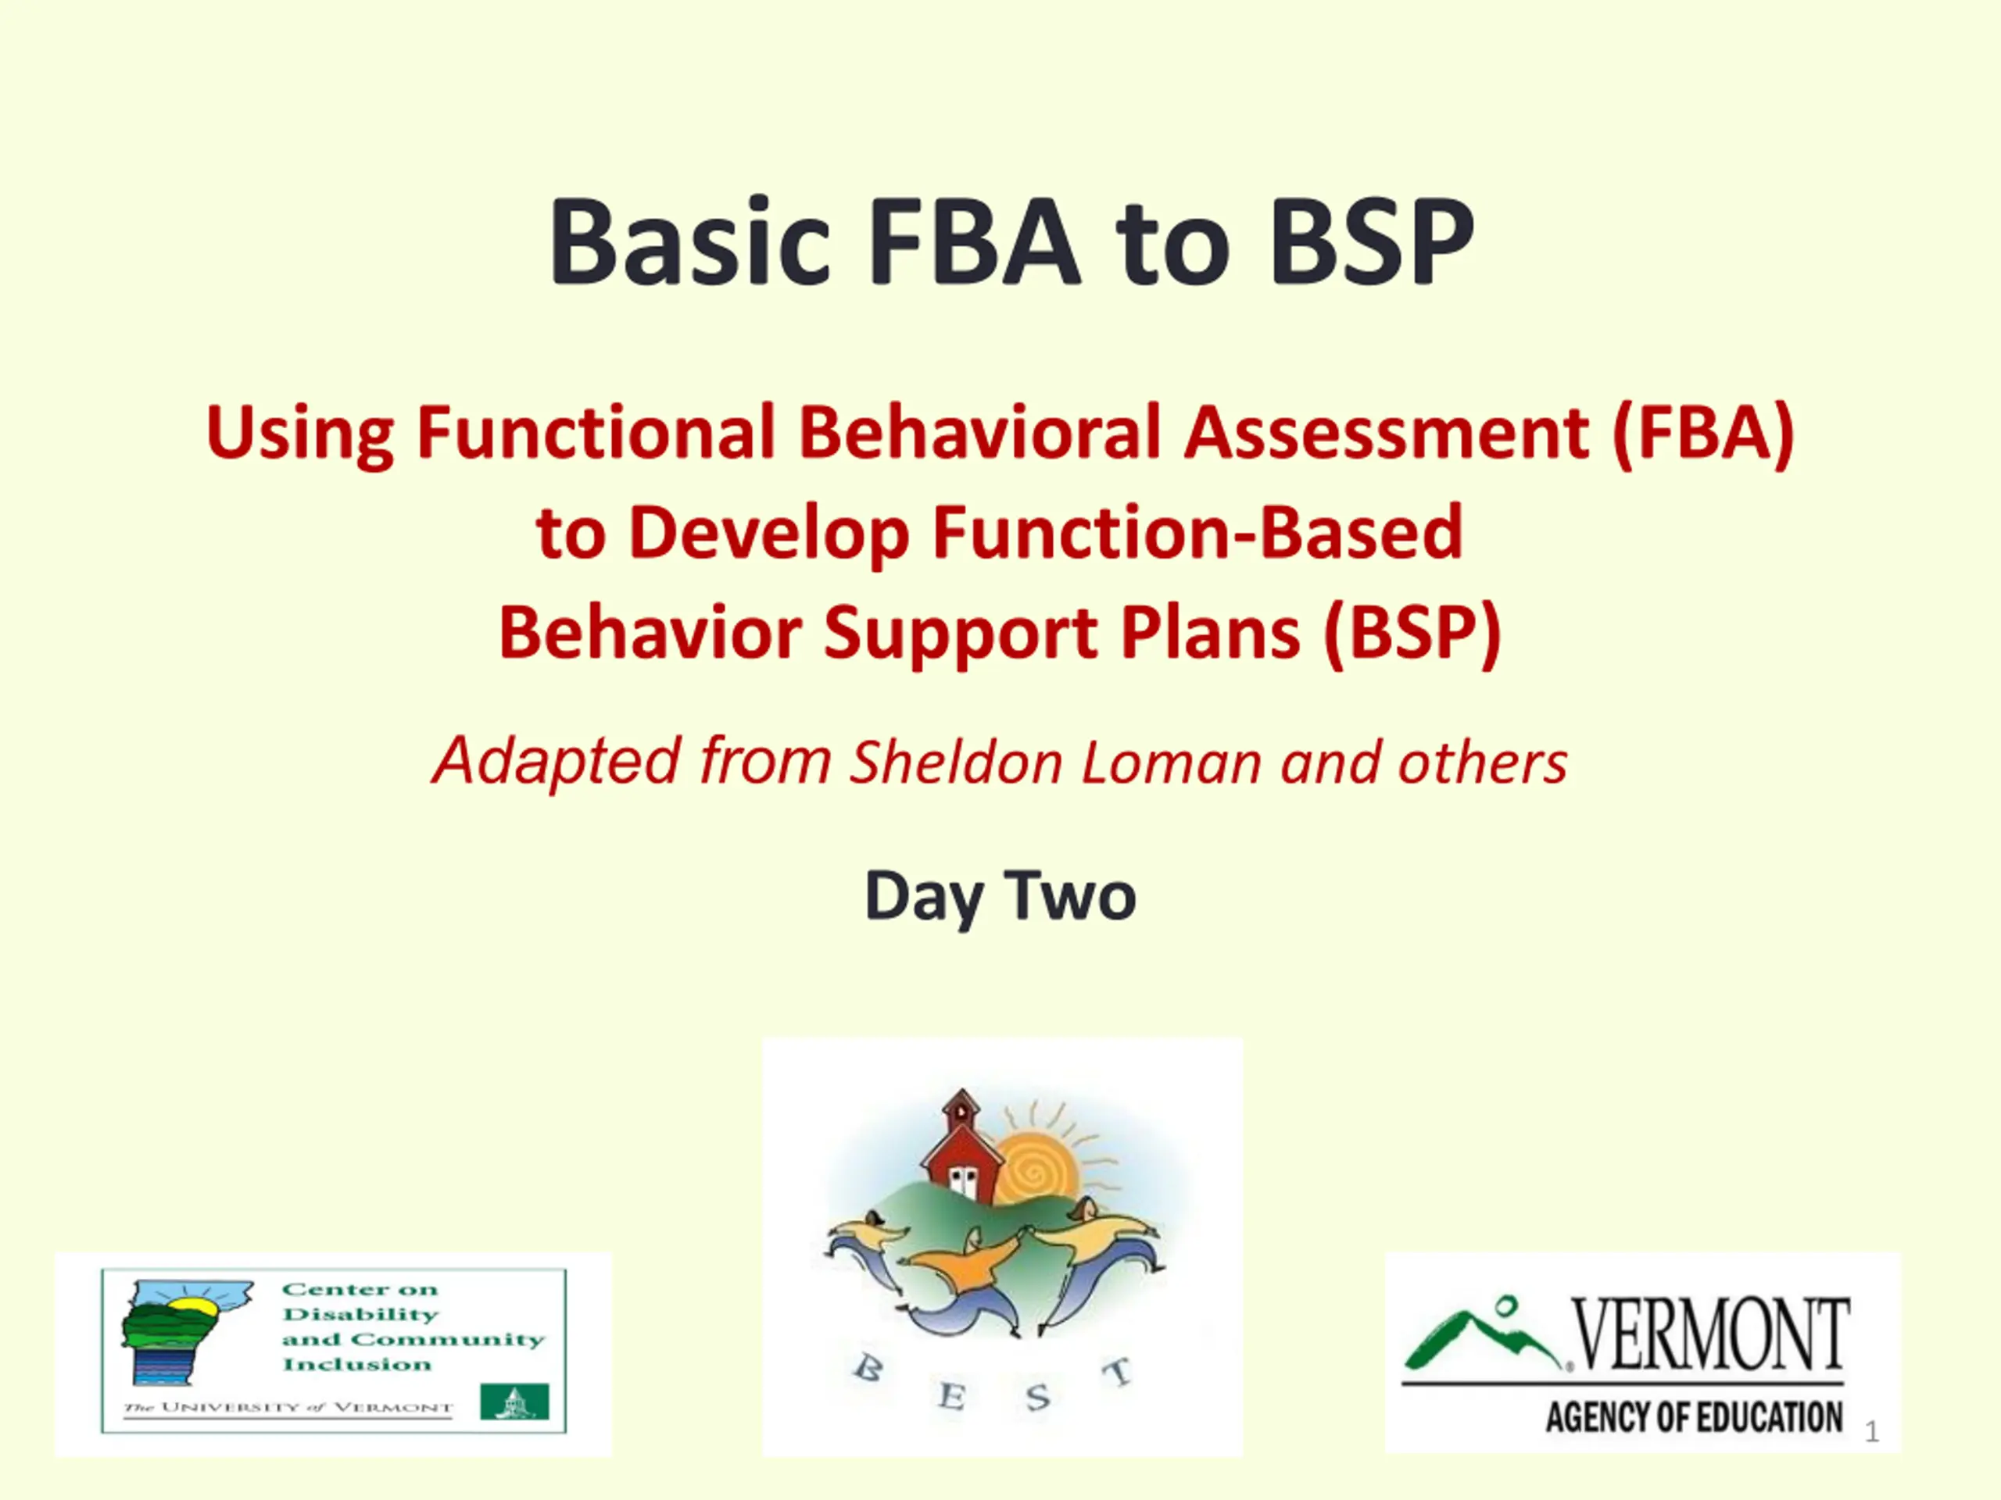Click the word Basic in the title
(x=689, y=242)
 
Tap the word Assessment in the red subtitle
(x=1387, y=432)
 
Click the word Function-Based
(x=1197, y=533)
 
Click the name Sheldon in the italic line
(x=955, y=762)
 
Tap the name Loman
(x=1172, y=762)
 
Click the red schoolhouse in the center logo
(x=961, y=1148)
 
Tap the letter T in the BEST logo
(x=1118, y=1373)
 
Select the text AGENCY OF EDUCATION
(x=1695, y=1417)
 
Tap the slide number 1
(x=1873, y=1432)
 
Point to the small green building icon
(x=514, y=1402)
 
